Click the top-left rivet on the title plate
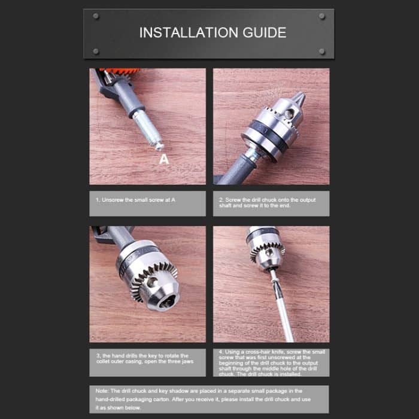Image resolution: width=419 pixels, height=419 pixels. click(x=96, y=16)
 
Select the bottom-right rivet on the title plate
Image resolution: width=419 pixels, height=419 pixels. click(x=322, y=51)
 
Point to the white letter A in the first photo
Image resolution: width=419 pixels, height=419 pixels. click(x=164, y=159)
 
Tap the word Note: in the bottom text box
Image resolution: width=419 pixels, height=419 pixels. click(x=102, y=390)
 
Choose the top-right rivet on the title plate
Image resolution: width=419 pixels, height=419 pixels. click(x=322, y=16)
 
